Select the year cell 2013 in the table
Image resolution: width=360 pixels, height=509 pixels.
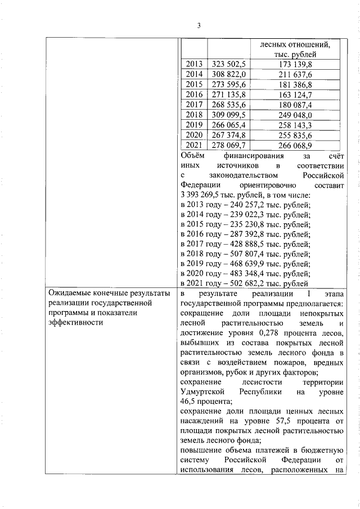point(193,65)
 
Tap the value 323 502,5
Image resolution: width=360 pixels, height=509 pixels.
point(228,65)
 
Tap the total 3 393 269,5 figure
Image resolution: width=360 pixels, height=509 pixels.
point(205,195)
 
